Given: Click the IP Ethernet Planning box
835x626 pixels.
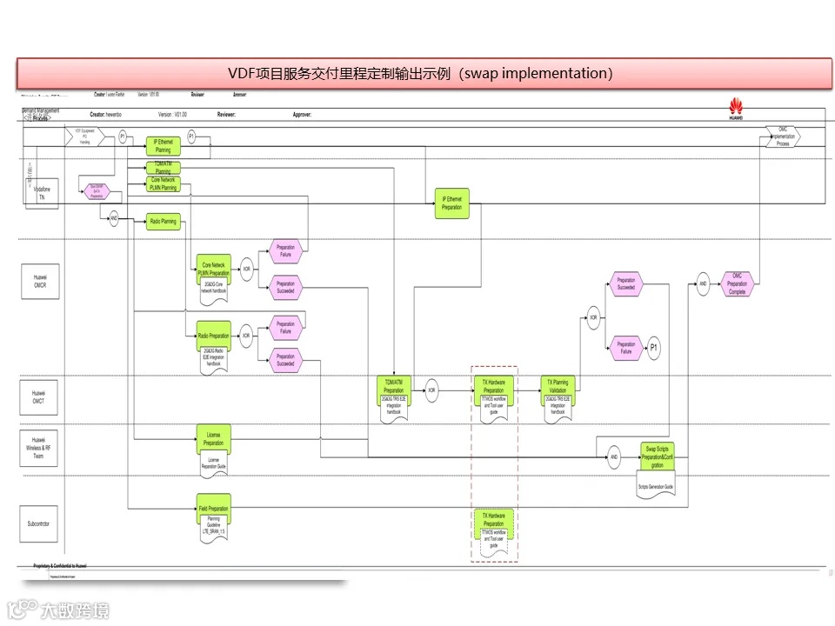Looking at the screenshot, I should coord(163,145).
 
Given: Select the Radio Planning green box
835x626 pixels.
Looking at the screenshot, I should coord(163,222).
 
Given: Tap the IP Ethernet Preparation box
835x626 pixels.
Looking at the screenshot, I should coord(451,203).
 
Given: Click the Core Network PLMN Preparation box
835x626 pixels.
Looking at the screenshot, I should coord(213,269).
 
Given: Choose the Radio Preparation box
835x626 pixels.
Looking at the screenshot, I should coord(213,336).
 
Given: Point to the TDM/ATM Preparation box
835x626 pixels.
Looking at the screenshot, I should coord(393,386).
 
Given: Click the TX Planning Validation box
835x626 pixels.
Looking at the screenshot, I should coord(558,386).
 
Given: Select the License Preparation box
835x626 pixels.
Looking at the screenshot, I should coord(213,438).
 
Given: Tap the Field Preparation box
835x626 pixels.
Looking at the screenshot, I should coord(213,509).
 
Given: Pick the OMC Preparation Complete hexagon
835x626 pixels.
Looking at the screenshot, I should coord(737,283).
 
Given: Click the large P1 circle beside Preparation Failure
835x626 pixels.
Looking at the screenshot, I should coord(655,348).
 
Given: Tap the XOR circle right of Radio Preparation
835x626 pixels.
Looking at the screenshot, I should coord(246,336).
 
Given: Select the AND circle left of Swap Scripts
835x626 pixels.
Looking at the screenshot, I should coord(613,456).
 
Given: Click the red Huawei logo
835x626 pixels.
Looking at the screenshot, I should coord(736,108).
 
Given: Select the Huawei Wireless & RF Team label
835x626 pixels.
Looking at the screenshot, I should coord(38,447).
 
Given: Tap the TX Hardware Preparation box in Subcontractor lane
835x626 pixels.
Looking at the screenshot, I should coord(493,520).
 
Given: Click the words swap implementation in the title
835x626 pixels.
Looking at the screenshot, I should coord(536,73).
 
